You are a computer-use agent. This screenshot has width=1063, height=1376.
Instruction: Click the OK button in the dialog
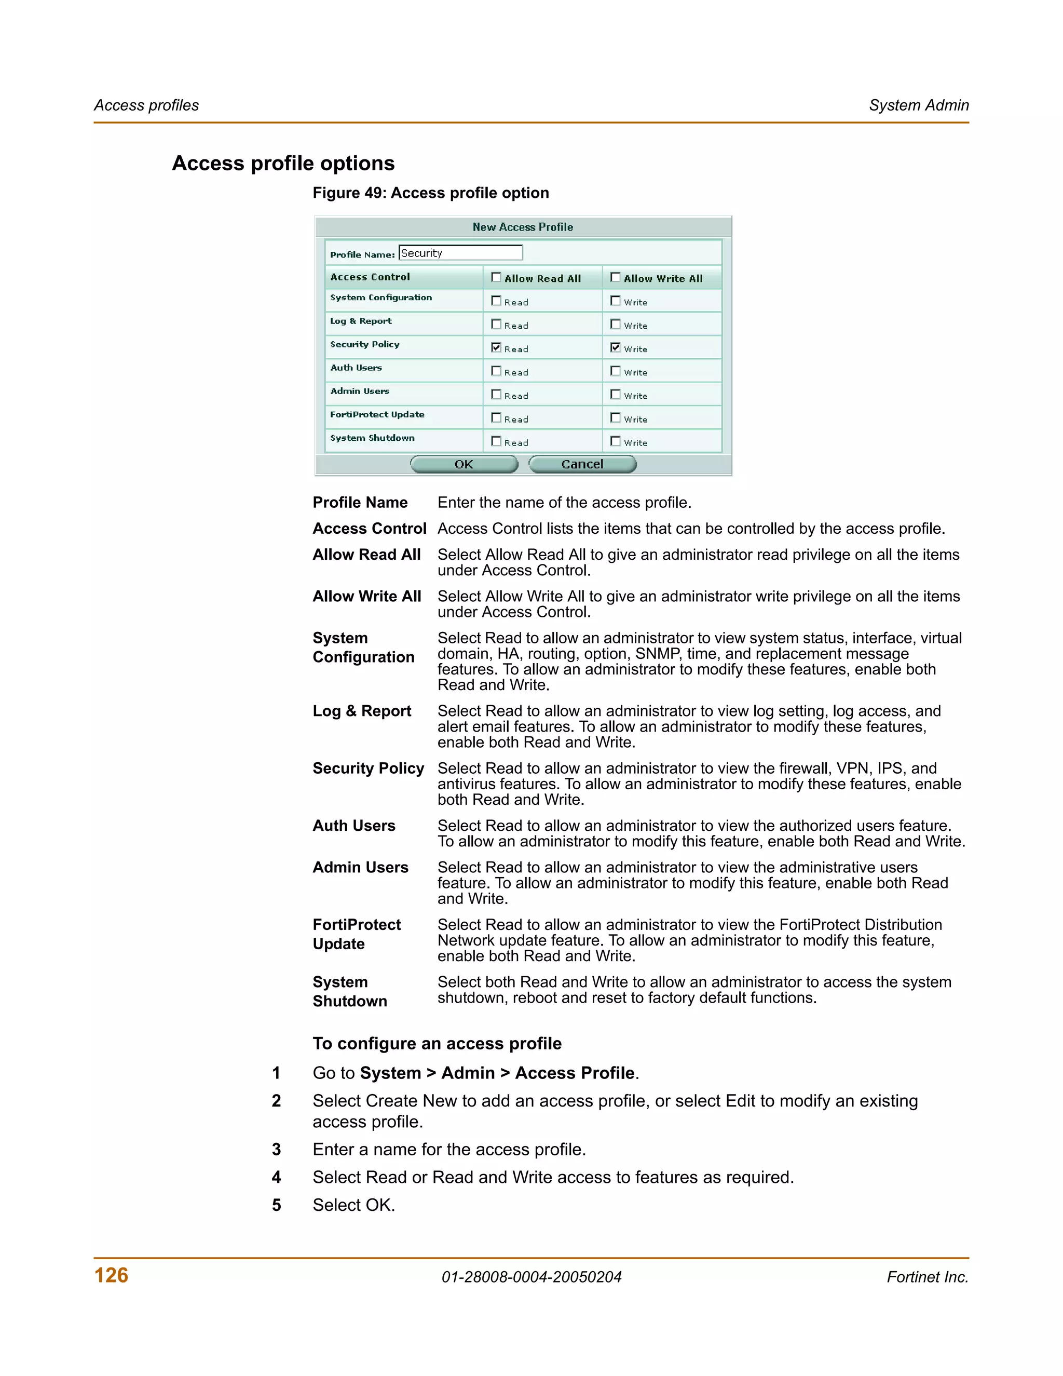coord(464,464)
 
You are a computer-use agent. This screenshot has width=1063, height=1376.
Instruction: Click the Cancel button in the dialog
coord(582,464)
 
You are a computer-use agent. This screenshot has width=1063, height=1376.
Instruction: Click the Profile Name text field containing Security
coord(460,253)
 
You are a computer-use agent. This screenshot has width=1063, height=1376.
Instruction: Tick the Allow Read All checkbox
coord(496,277)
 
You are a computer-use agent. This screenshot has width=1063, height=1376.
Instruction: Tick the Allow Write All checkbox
coord(615,277)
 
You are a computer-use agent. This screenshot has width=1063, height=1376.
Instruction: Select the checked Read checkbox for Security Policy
coord(496,348)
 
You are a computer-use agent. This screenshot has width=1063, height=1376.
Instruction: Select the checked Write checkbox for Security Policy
coord(615,348)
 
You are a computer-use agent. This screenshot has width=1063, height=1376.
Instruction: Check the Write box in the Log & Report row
coord(615,325)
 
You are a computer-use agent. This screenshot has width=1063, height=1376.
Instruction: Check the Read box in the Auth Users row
coord(496,371)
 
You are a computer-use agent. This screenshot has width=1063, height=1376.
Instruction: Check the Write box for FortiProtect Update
coord(615,417)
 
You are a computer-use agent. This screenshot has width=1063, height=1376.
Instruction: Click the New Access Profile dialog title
coord(523,227)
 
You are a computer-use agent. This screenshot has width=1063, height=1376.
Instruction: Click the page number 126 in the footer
coord(111,1275)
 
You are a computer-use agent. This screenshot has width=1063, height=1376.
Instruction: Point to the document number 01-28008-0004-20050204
coord(531,1277)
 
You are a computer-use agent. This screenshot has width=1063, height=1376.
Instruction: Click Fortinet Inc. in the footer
coord(927,1277)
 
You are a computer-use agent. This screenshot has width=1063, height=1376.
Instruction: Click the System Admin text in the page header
coord(918,105)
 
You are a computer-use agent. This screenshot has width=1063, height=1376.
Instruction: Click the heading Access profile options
coord(283,163)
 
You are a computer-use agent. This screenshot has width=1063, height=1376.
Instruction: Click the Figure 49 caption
coord(431,193)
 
